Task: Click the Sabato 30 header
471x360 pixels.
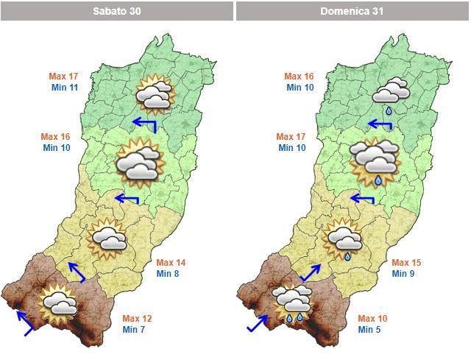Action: click(x=117, y=11)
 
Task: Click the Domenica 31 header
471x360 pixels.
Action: click(x=353, y=11)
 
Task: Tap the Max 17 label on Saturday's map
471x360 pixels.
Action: click(x=63, y=76)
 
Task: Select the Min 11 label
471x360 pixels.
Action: click(x=63, y=88)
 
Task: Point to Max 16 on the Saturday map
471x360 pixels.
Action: click(x=55, y=137)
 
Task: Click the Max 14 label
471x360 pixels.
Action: click(x=171, y=263)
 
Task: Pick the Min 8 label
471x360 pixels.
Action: click(x=167, y=274)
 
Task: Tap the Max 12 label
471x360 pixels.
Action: click(x=137, y=318)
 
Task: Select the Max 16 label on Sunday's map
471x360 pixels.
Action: click(x=299, y=76)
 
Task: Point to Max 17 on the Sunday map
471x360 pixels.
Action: click(x=291, y=137)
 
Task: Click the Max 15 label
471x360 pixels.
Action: click(x=406, y=263)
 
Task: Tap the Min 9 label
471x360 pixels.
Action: click(x=403, y=274)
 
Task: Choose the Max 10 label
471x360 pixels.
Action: click(x=372, y=318)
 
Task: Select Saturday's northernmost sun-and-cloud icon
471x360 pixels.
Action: click(x=154, y=93)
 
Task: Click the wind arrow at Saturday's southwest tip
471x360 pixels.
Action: click(x=24, y=322)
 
